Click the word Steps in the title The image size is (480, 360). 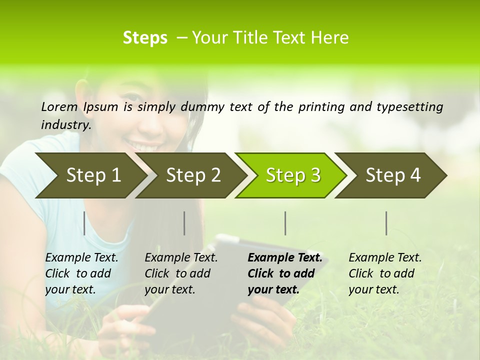(145, 38)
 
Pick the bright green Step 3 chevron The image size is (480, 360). (293, 175)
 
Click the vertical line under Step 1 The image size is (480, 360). (84, 223)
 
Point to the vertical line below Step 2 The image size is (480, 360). (184, 223)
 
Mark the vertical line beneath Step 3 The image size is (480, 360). (285, 223)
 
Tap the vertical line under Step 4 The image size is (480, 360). (386, 223)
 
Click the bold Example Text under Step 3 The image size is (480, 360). (285, 273)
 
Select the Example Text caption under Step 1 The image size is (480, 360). (81, 273)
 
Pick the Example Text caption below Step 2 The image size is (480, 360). (181, 273)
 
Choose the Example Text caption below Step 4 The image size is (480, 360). (385, 273)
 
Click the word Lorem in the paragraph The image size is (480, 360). (59, 106)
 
